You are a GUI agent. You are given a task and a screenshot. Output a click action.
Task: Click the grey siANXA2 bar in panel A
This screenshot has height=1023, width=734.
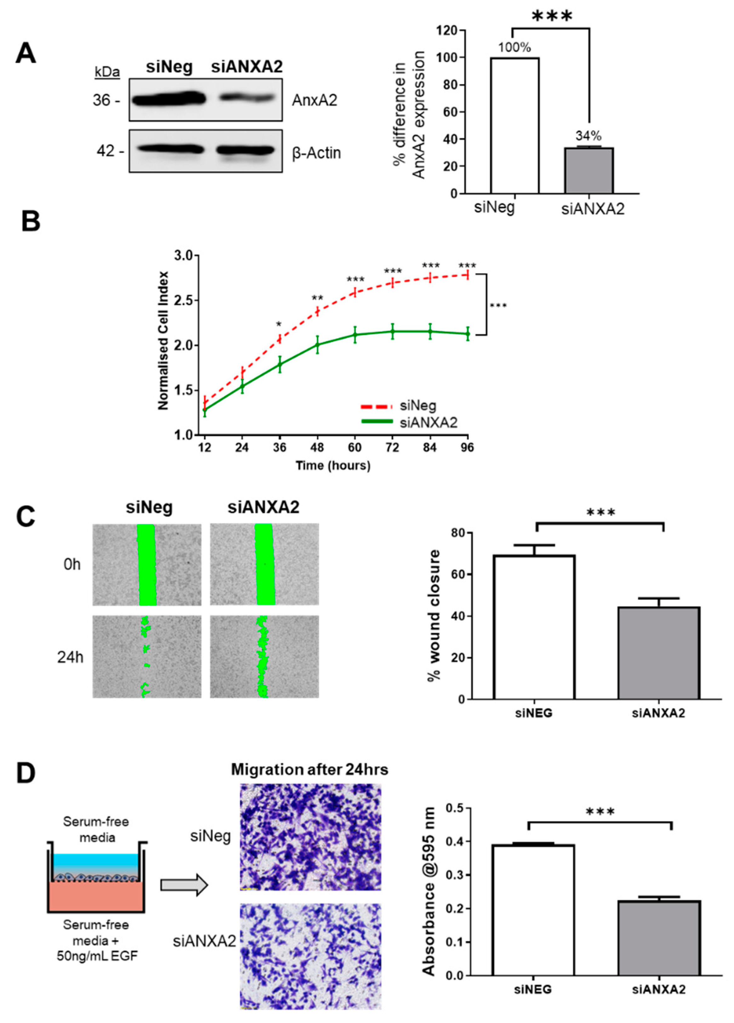click(x=589, y=170)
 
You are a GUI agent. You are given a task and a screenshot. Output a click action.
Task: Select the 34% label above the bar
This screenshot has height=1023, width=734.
click(x=588, y=136)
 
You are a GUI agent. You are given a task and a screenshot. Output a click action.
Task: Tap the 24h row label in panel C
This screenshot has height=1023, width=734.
click(x=70, y=657)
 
